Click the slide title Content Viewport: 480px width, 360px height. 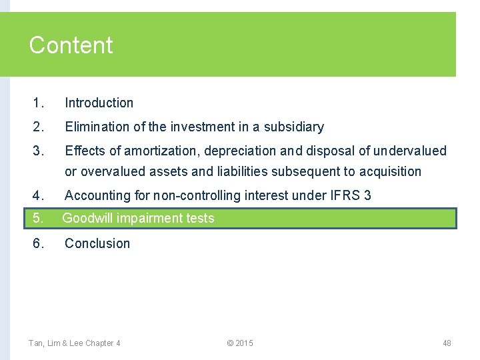click(71, 45)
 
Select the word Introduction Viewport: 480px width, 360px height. click(99, 103)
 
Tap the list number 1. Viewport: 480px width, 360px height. click(38, 103)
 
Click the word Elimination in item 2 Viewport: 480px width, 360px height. click(93, 127)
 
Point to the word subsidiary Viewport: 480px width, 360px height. click(293, 127)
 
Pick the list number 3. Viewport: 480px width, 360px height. click(38, 151)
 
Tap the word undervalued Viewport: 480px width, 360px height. click(410, 151)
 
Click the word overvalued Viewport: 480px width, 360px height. click(113, 172)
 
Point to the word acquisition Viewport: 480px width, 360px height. click(390, 172)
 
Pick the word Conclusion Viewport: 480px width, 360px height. click(97, 243)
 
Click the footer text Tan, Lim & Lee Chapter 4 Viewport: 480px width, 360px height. click(74, 343)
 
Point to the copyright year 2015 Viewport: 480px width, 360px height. click(244, 343)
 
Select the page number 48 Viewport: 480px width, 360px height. click(447, 343)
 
